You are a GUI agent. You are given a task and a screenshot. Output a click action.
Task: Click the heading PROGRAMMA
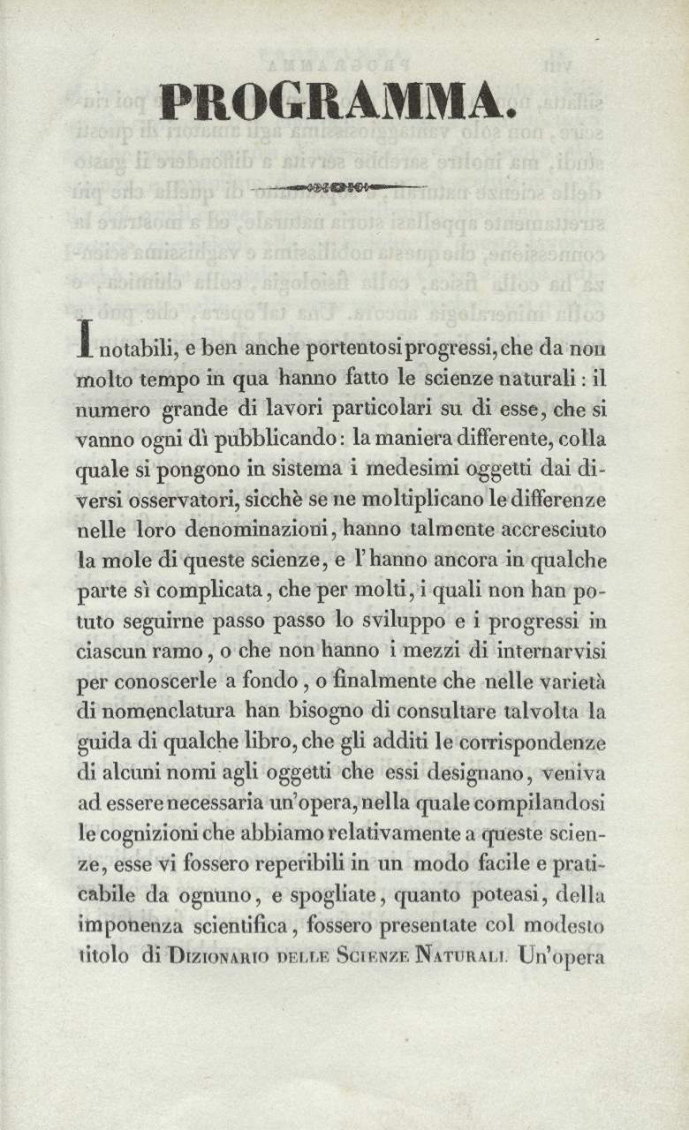click(339, 104)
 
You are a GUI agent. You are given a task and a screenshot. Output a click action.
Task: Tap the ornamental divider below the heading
click(339, 187)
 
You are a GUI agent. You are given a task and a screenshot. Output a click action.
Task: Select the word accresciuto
click(550, 531)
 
